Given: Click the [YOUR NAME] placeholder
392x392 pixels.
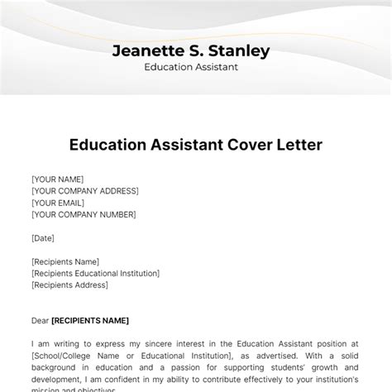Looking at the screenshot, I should tap(57, 179).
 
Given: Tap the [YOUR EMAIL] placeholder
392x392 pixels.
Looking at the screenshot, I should tap(60, 203).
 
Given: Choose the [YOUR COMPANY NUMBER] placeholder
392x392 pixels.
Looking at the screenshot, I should tap(84, 214).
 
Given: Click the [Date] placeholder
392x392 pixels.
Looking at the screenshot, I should tap(43, 238).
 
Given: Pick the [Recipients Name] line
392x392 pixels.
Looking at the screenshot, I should tap(65, 262).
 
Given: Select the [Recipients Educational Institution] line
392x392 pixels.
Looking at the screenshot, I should tap(95, 274).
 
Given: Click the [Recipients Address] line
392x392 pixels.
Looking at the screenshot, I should tap(69, 285).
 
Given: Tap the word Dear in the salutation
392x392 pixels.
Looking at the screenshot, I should tap(41, 320).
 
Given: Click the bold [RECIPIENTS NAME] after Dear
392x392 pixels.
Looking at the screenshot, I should tap(90, 320).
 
